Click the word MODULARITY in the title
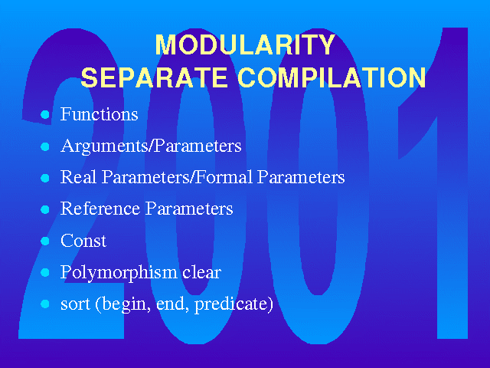coord(245,44)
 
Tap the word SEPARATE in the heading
coord(154,77)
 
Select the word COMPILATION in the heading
coord(332,77)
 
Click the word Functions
coord(99,114)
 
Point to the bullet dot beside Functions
coord(45,114)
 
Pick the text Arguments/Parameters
coord(151,146)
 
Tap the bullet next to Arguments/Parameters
coord(45,146)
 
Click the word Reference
coord(100,209)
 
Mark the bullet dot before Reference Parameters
coord(45,209)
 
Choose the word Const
coord(83,241)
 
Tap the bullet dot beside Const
coord(45,241)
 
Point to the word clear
coord(202,272)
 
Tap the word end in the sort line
coord(171,304)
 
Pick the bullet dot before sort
coord(45,304)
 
